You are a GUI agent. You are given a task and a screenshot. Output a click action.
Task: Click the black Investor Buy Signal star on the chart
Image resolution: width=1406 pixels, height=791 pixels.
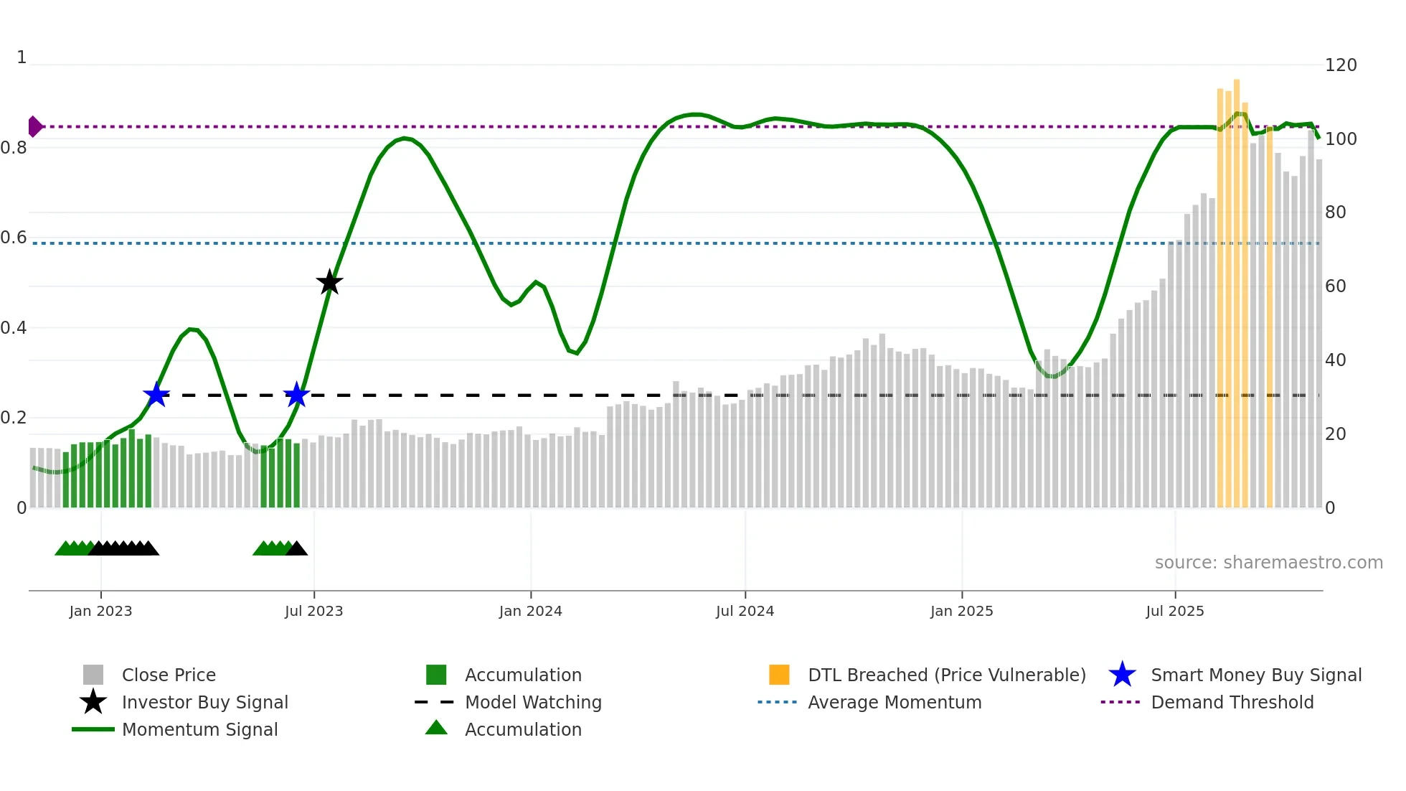pos(329,282)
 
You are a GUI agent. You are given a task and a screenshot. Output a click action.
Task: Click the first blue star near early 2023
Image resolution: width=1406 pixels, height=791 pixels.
pos(156,395)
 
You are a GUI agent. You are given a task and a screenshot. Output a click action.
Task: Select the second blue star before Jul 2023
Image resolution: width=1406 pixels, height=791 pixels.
pos(296,395)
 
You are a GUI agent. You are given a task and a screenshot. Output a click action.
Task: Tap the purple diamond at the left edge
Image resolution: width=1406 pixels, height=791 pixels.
pos(34,126)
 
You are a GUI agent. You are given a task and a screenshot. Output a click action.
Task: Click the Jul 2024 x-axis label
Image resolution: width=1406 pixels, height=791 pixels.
pos(745,611)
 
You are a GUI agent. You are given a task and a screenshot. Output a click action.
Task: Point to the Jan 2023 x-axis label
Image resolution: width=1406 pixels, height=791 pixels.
pos(100,611)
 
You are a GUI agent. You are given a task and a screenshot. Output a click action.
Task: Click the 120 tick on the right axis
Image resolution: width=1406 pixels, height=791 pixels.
pos(1340,65)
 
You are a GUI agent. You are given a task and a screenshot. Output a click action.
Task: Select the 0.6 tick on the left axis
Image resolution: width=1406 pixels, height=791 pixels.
pos(14,238)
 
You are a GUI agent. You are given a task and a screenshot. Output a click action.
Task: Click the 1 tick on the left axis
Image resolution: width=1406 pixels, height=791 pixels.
pos(22,57)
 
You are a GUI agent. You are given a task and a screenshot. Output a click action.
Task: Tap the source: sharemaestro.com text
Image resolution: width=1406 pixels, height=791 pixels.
pos(1268,563)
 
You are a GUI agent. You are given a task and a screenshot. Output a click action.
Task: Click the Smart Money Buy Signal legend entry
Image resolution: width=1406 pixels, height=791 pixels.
pos(1255,675)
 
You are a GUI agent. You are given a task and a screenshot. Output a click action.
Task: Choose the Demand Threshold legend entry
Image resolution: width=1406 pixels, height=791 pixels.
pos(1232,702)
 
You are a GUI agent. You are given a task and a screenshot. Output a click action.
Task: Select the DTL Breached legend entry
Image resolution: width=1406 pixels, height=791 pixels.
pos(946,675)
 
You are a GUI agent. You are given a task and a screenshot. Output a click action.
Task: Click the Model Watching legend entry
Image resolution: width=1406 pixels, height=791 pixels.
pos(532,702)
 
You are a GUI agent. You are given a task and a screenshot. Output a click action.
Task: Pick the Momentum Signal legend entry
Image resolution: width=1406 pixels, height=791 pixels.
pos(199,729)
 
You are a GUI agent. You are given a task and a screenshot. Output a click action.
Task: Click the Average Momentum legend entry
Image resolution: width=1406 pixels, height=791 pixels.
pos(894,702)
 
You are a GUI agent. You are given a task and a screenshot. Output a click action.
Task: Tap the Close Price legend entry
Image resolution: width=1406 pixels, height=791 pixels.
pos(168,675)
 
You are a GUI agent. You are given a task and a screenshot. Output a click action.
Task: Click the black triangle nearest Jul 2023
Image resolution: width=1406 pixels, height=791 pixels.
pos(296,549)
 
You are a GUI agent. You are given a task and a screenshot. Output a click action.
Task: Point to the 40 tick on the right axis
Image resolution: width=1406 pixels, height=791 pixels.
pos(1335,360)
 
